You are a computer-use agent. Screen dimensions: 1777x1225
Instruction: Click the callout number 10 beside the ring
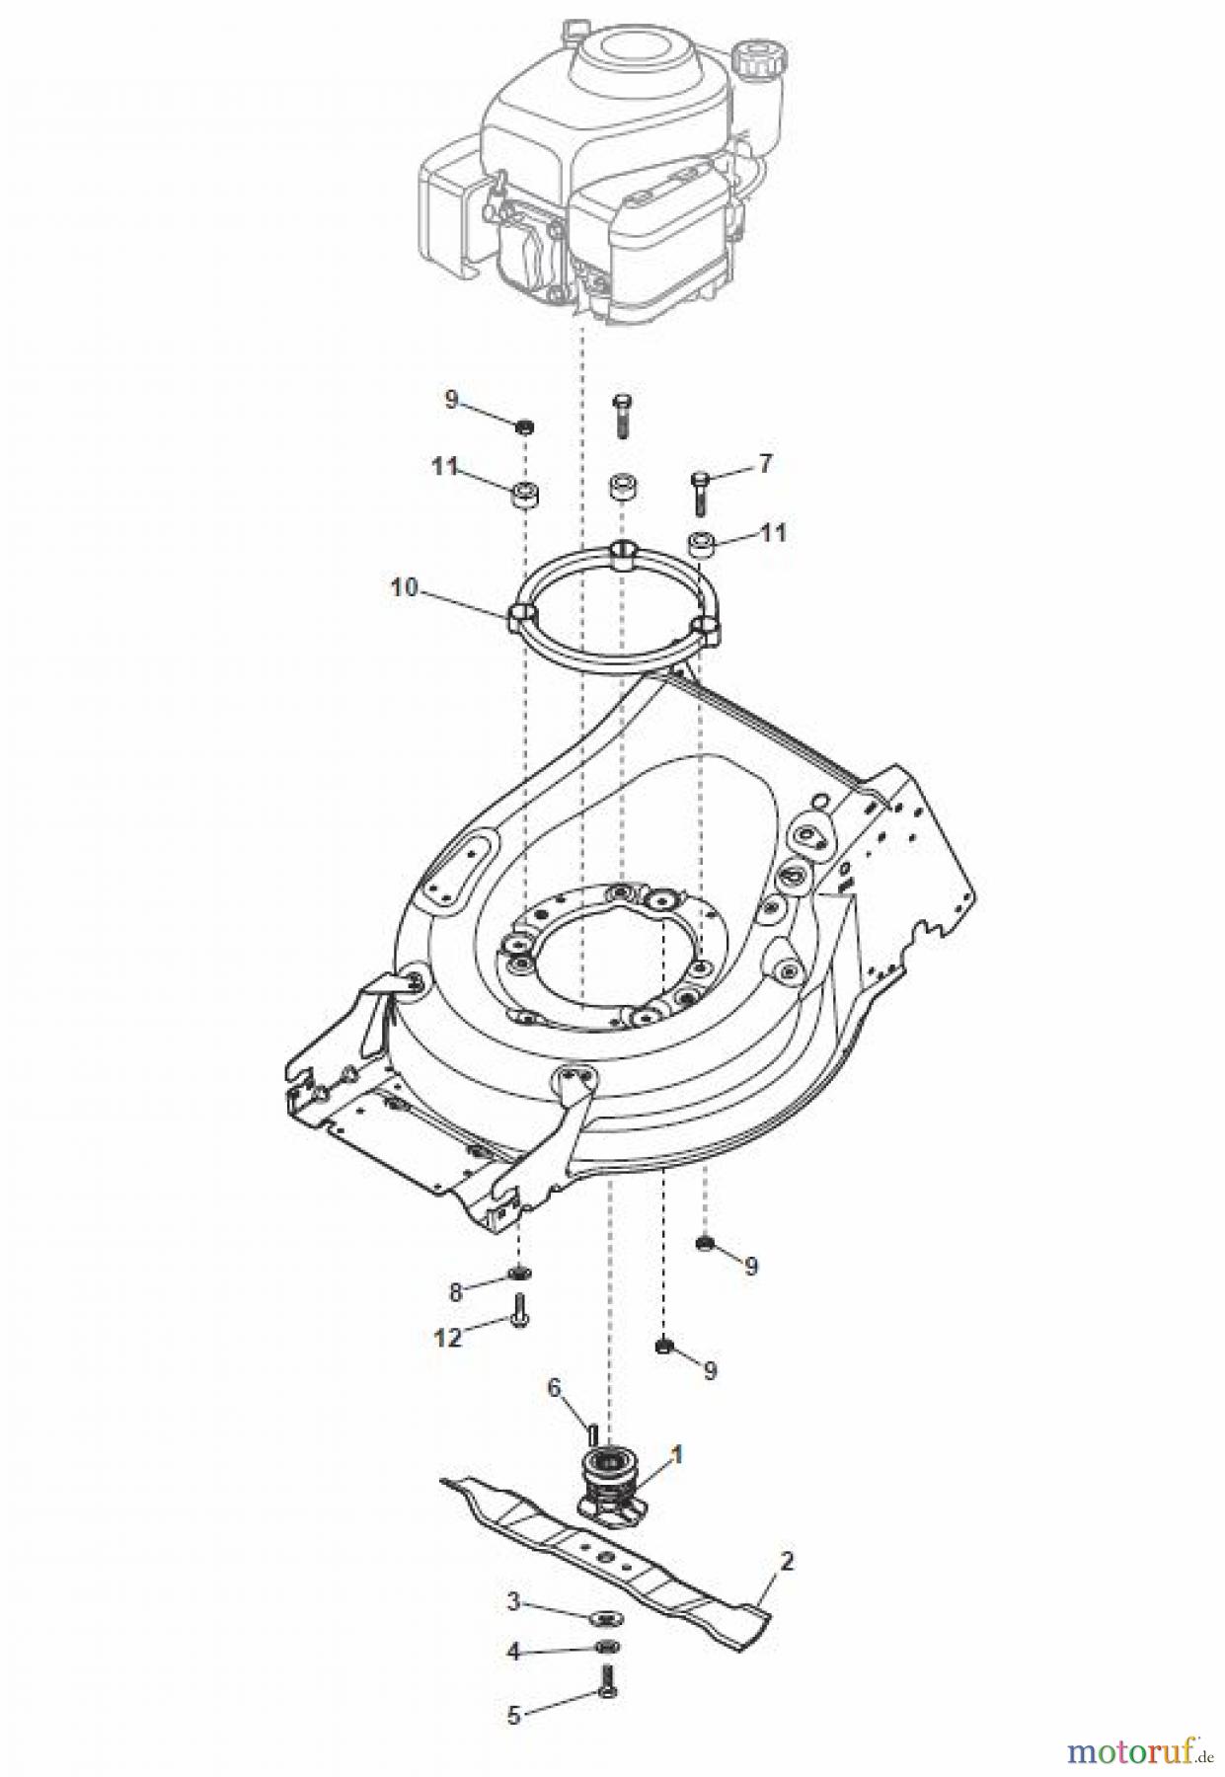click(x=405, y=588)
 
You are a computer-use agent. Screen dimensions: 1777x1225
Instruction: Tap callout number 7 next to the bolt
click(x=765, y=463)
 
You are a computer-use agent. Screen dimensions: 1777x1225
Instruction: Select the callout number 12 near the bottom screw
click(x=448, y=1338)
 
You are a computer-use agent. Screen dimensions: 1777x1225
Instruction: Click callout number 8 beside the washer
click(x=456, y=1290)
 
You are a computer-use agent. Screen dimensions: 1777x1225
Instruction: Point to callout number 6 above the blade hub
click(x=554, y=1388)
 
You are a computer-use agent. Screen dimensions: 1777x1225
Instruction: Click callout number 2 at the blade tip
click(x=787, y=1562)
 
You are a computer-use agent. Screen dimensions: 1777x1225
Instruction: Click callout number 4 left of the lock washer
click(x=513, y=1651)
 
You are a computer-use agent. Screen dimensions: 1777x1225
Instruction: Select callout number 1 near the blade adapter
click(x=676, y=1454)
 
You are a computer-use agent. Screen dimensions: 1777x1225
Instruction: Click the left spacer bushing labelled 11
click(x=524, y=493)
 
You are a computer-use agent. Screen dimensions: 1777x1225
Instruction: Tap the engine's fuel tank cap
click(x=758, y=58)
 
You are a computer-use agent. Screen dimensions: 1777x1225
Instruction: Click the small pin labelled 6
click(x=590, y=1428)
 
